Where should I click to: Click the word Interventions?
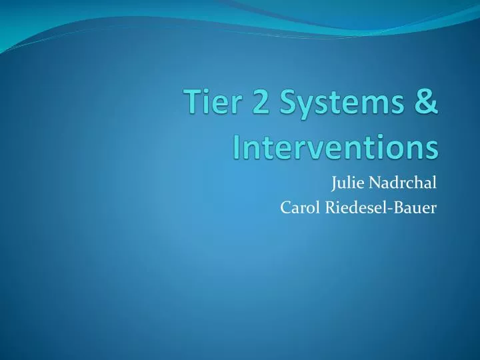(x=336, y=147)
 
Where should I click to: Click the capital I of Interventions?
(x=237, y=147)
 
